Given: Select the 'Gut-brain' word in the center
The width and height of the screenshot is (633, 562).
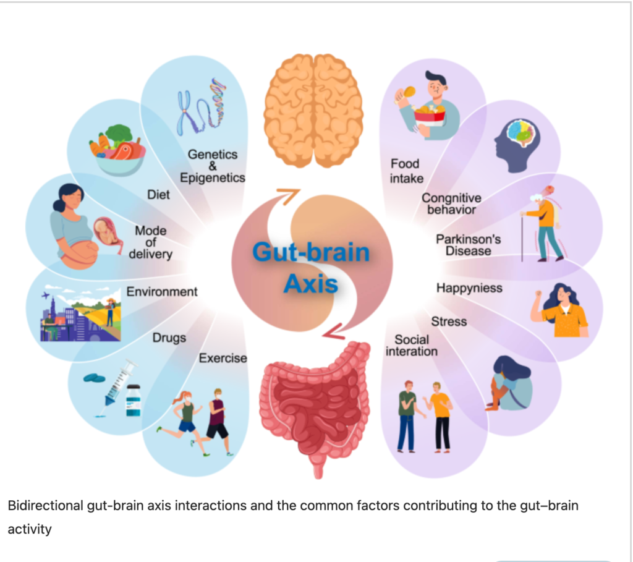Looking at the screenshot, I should coord(310,253).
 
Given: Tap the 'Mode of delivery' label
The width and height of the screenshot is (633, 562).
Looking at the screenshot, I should coord(151,242).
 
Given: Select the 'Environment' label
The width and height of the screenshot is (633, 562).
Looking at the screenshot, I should coord(162,291).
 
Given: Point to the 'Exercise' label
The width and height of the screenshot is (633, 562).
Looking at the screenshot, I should coord(223,358).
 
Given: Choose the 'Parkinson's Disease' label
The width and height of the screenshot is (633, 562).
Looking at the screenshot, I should coord(469,245).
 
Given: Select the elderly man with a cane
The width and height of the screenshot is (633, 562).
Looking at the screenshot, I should coord(542,223).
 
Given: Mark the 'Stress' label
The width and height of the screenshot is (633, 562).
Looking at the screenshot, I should coord(449,321).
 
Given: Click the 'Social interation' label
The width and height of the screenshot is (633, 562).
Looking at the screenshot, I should coord(411,346).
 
